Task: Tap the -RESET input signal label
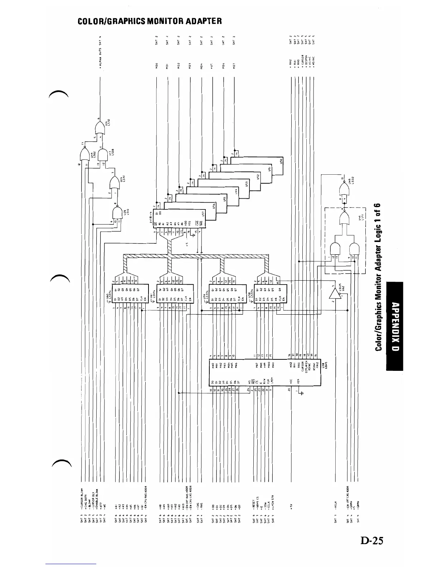pos(253,506)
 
